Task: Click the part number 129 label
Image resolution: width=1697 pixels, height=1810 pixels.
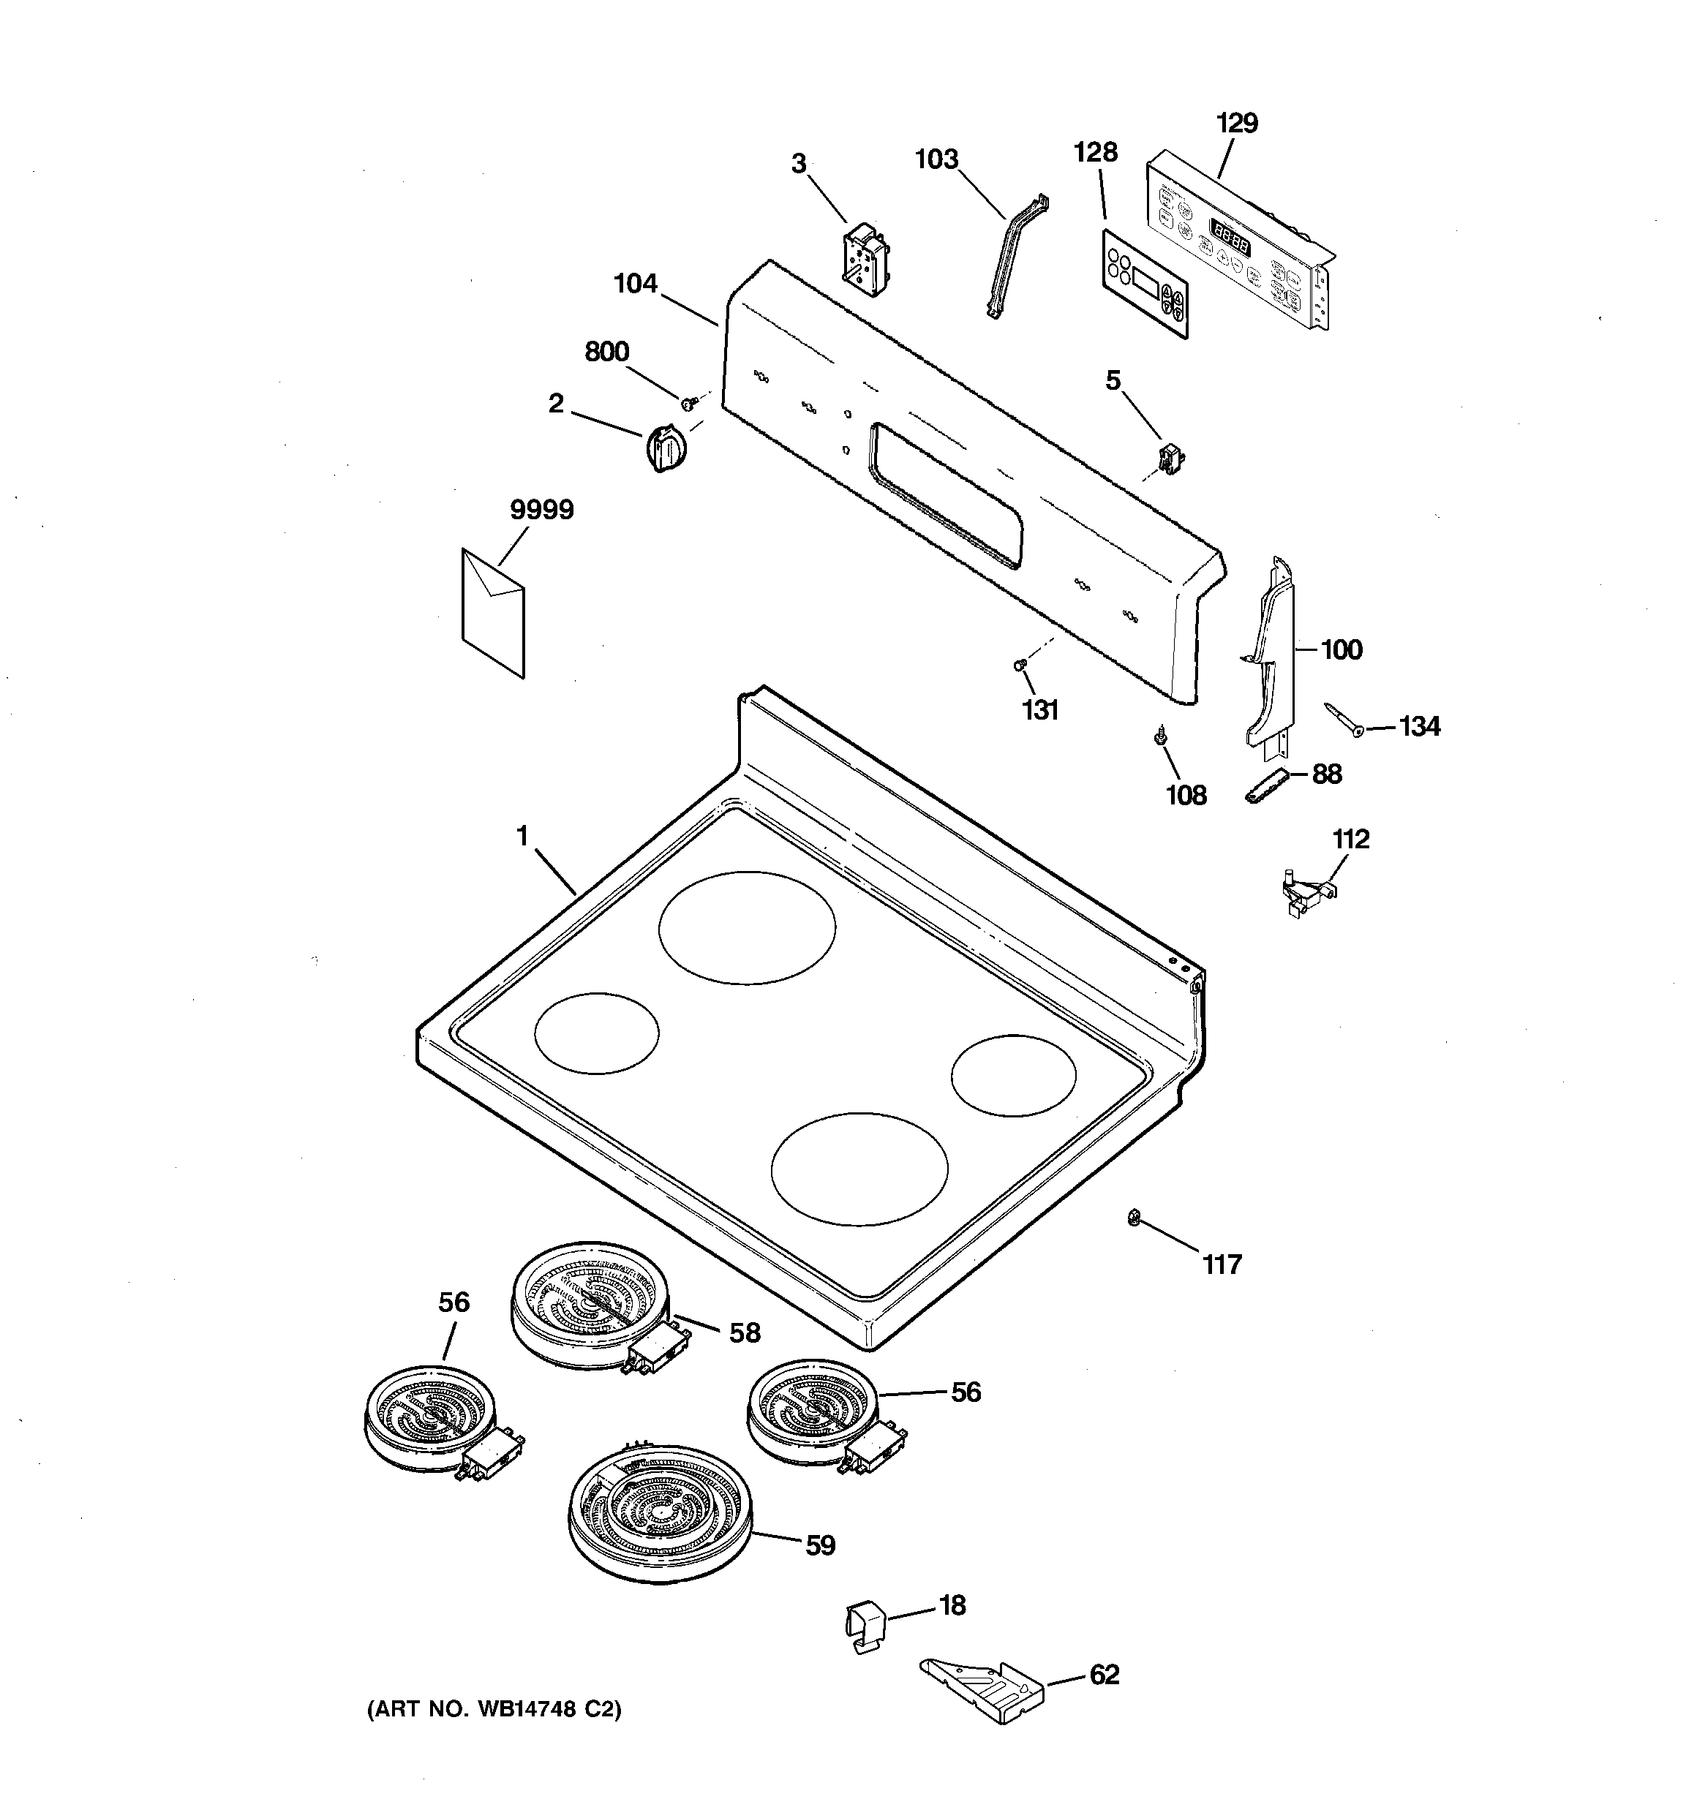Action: click(x=1236, y=123)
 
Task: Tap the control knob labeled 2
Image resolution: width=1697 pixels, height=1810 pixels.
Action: click(x=665, y=449)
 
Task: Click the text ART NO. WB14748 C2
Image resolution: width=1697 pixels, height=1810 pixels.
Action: click(x=494, y=1710)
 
